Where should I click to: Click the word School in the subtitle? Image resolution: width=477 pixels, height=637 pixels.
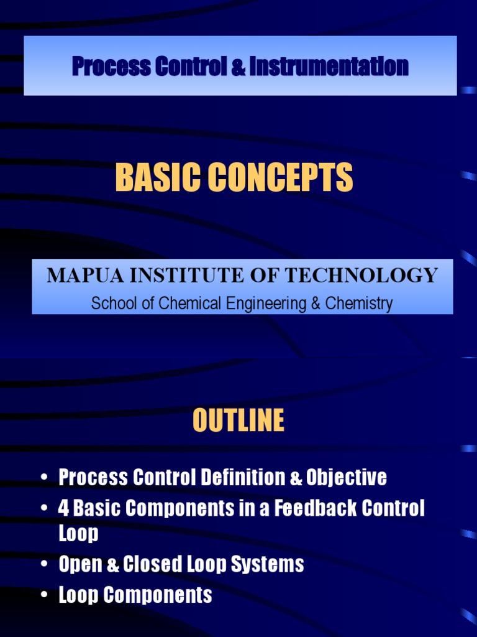click(x=112, y=304)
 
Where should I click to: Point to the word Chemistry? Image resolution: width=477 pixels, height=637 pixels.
click(x=363, y=304)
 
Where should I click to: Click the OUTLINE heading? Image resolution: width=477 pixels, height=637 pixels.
click(x=238, y=421)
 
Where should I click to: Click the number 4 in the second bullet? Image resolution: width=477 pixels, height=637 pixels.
click(x=63, y=508)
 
